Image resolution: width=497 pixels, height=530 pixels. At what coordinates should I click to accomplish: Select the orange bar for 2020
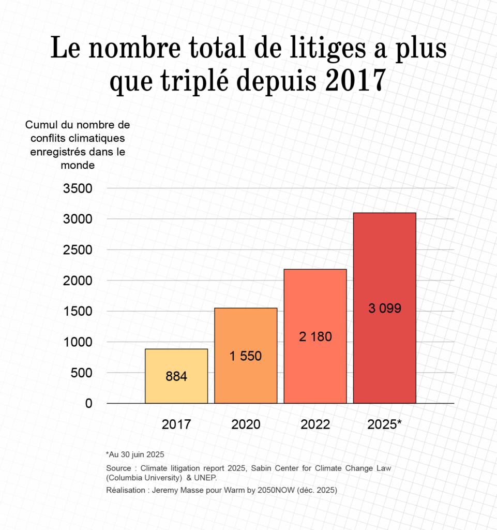[246, 331]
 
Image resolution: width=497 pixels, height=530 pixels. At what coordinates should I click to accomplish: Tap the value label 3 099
[385, 308]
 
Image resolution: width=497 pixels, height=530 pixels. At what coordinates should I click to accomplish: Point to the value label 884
[176, 377]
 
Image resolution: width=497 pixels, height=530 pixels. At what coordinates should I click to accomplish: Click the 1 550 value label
[246, 356]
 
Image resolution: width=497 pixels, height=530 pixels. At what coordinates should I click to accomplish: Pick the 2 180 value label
[315, 336]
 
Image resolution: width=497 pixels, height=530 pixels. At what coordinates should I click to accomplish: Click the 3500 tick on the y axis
[78, 188]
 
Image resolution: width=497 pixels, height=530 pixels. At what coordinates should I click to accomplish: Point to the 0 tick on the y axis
[88, 404]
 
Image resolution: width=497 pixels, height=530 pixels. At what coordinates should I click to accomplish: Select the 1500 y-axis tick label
[78, 312]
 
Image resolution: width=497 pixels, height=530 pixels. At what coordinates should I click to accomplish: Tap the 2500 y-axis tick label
[78, 250]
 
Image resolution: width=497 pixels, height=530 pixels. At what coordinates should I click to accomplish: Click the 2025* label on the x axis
[385, 424]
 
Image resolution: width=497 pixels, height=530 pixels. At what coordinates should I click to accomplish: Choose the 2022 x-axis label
[315, 424]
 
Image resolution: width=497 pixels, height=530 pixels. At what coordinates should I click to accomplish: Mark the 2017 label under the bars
[176, 424]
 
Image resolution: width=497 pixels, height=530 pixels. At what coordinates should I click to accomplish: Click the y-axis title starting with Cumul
[78, 145]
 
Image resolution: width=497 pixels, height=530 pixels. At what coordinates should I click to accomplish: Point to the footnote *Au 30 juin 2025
[135, 454]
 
